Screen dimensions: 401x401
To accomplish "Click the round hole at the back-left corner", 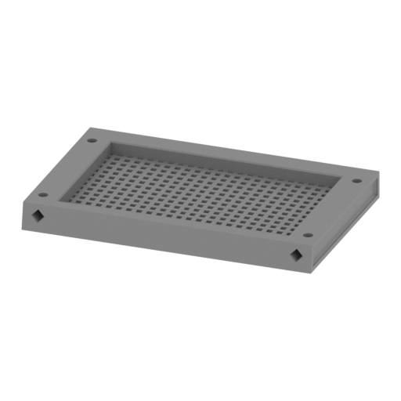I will coord(92,142).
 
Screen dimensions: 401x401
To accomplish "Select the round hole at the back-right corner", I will coord(356,181).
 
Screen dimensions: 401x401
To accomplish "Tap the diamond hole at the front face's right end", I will coord(296,255).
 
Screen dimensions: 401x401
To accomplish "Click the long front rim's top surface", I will coord(172,222).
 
